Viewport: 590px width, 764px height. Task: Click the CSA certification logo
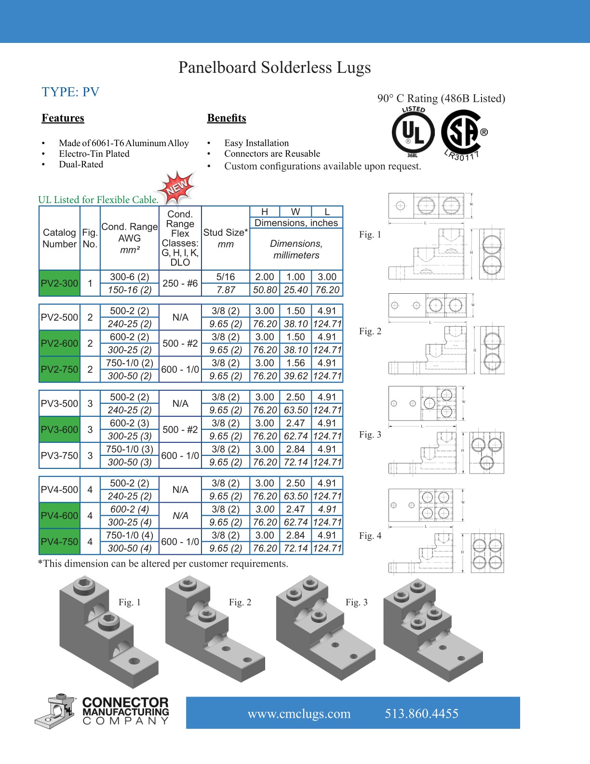[x=463, y=133]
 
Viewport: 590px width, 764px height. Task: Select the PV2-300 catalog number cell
[x=59, y=283]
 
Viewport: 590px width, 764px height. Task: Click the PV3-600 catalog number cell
[x=59, y=429]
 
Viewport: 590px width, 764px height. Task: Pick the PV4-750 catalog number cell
[x=59, y=542]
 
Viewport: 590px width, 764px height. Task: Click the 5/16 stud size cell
[x=225, y=277]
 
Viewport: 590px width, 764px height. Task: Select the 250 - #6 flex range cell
[x=180, y=283]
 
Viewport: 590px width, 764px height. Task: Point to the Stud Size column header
[x=225, y=238]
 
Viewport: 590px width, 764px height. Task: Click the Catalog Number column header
[x=59, y=238]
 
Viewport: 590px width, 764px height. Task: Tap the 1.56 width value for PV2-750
[x=295, y=363]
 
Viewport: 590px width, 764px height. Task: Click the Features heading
[x=63, y=118]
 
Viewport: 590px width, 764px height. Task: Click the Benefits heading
[x=227, y=118]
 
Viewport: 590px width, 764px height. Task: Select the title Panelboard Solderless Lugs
[x=274, y=68]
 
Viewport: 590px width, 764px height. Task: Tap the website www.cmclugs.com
[x=299, y=714]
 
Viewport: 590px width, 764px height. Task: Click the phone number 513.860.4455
[x=421, y=714]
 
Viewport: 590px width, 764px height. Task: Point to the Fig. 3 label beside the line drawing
[x=370, y=435]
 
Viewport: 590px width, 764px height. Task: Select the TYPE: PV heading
[x=70, y=92]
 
